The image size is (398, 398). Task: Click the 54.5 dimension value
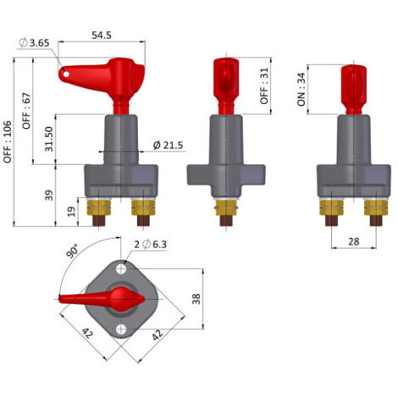102,36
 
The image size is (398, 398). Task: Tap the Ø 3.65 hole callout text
34,43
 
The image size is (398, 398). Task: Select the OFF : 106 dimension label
8,141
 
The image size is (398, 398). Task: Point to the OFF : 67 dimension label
26,111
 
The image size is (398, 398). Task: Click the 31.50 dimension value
49,139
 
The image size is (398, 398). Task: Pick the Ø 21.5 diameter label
168,146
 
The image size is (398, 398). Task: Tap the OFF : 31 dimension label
264,86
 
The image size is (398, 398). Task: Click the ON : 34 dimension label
301,90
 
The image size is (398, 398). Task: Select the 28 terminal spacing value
354,241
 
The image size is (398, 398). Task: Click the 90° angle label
73,252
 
